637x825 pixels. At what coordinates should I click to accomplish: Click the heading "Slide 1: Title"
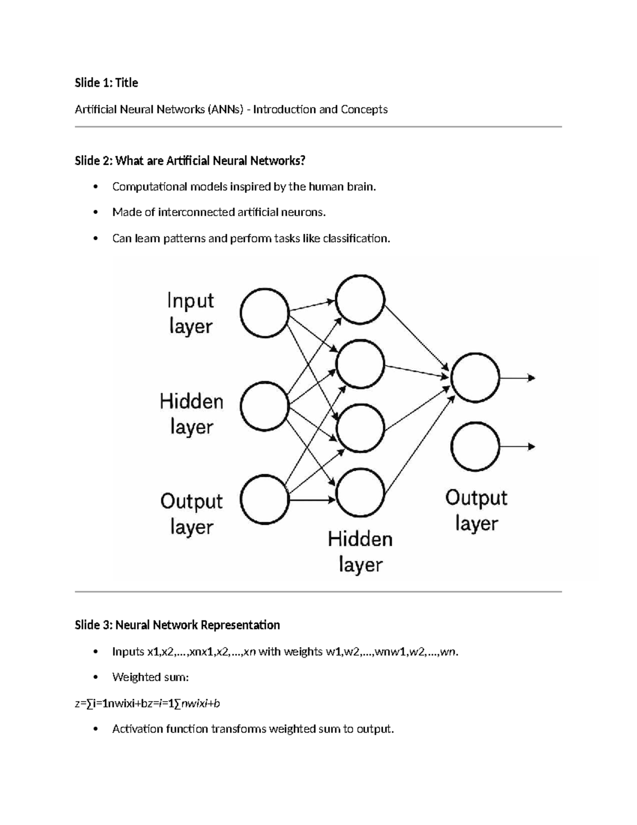[106, 83]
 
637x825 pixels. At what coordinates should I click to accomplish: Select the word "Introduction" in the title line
[284, 109]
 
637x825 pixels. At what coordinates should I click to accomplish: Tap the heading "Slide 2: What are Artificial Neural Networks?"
[190, 160]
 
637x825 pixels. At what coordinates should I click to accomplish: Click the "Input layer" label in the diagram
[191, 313]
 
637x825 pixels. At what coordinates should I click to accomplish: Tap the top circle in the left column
[264, 313]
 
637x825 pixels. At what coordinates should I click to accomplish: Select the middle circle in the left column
[264, 406]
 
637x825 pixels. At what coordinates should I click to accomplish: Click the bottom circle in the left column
[264, 500]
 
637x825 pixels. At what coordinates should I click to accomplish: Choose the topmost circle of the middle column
[360, 299]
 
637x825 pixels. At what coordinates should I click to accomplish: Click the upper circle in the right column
[475, 378]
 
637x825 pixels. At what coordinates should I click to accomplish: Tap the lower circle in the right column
[475, 447]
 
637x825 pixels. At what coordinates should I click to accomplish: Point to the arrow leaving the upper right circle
[518, 378]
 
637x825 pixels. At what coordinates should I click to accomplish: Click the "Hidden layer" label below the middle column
[360, 551]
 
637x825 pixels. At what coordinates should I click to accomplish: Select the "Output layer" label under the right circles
[476, 511]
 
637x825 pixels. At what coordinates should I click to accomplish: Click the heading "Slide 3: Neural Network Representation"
[177, 625]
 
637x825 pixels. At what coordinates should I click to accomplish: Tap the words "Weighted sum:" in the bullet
[151, 677]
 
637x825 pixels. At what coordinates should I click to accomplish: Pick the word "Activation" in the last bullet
[137, 729]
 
